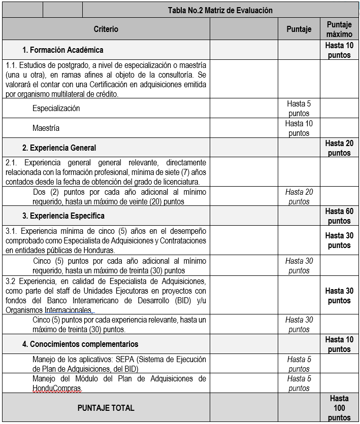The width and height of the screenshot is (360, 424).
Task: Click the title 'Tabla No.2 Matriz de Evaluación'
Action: tap(220, 10)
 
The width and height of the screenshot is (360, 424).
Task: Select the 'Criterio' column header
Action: tap(106, 29)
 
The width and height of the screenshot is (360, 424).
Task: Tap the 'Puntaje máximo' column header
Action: tap(339, 29)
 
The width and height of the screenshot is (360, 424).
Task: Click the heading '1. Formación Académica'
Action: tap(62, 50)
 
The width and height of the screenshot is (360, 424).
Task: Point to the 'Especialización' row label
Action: tap(56, 108)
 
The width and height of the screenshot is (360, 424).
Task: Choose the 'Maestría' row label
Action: tap(46, 128)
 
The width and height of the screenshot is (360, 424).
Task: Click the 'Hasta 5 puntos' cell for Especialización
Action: tap(299, 109)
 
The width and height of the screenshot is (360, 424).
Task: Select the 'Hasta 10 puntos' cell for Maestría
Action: tap(299, 128)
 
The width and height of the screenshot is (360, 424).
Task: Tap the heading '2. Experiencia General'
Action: tap(59, 148)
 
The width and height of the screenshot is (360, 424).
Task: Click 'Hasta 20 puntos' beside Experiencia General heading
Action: tap(339, 148)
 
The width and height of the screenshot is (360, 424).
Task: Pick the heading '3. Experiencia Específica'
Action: tap(62, 216)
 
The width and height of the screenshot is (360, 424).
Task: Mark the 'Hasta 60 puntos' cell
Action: tap(339, 216)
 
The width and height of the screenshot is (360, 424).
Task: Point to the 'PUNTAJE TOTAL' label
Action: tap(106, 407)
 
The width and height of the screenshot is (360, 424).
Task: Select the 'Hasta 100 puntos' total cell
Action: tap(339, 408)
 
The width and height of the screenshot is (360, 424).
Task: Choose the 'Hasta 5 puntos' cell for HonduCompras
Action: tap(299, 383)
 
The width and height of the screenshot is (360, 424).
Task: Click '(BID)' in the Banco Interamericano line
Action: tap(175, 300)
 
